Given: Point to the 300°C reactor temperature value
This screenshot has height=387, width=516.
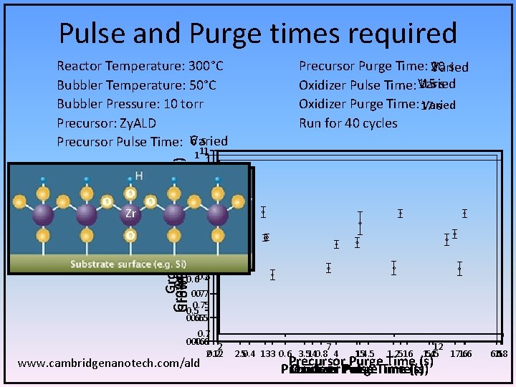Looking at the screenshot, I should point(206,67).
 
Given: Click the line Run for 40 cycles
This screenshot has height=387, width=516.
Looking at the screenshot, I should point(348,123).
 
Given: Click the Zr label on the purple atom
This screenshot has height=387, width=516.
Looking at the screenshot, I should point(130,214).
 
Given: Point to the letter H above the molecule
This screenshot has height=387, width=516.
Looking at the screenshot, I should point(138,176).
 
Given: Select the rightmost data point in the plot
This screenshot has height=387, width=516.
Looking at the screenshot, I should point(464,213).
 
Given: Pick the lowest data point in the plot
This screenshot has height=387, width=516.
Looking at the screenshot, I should point(272,274).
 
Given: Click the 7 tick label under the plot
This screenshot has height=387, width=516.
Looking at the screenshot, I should point(328,347).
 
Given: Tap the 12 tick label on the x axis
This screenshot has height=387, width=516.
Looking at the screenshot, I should point(438,347).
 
